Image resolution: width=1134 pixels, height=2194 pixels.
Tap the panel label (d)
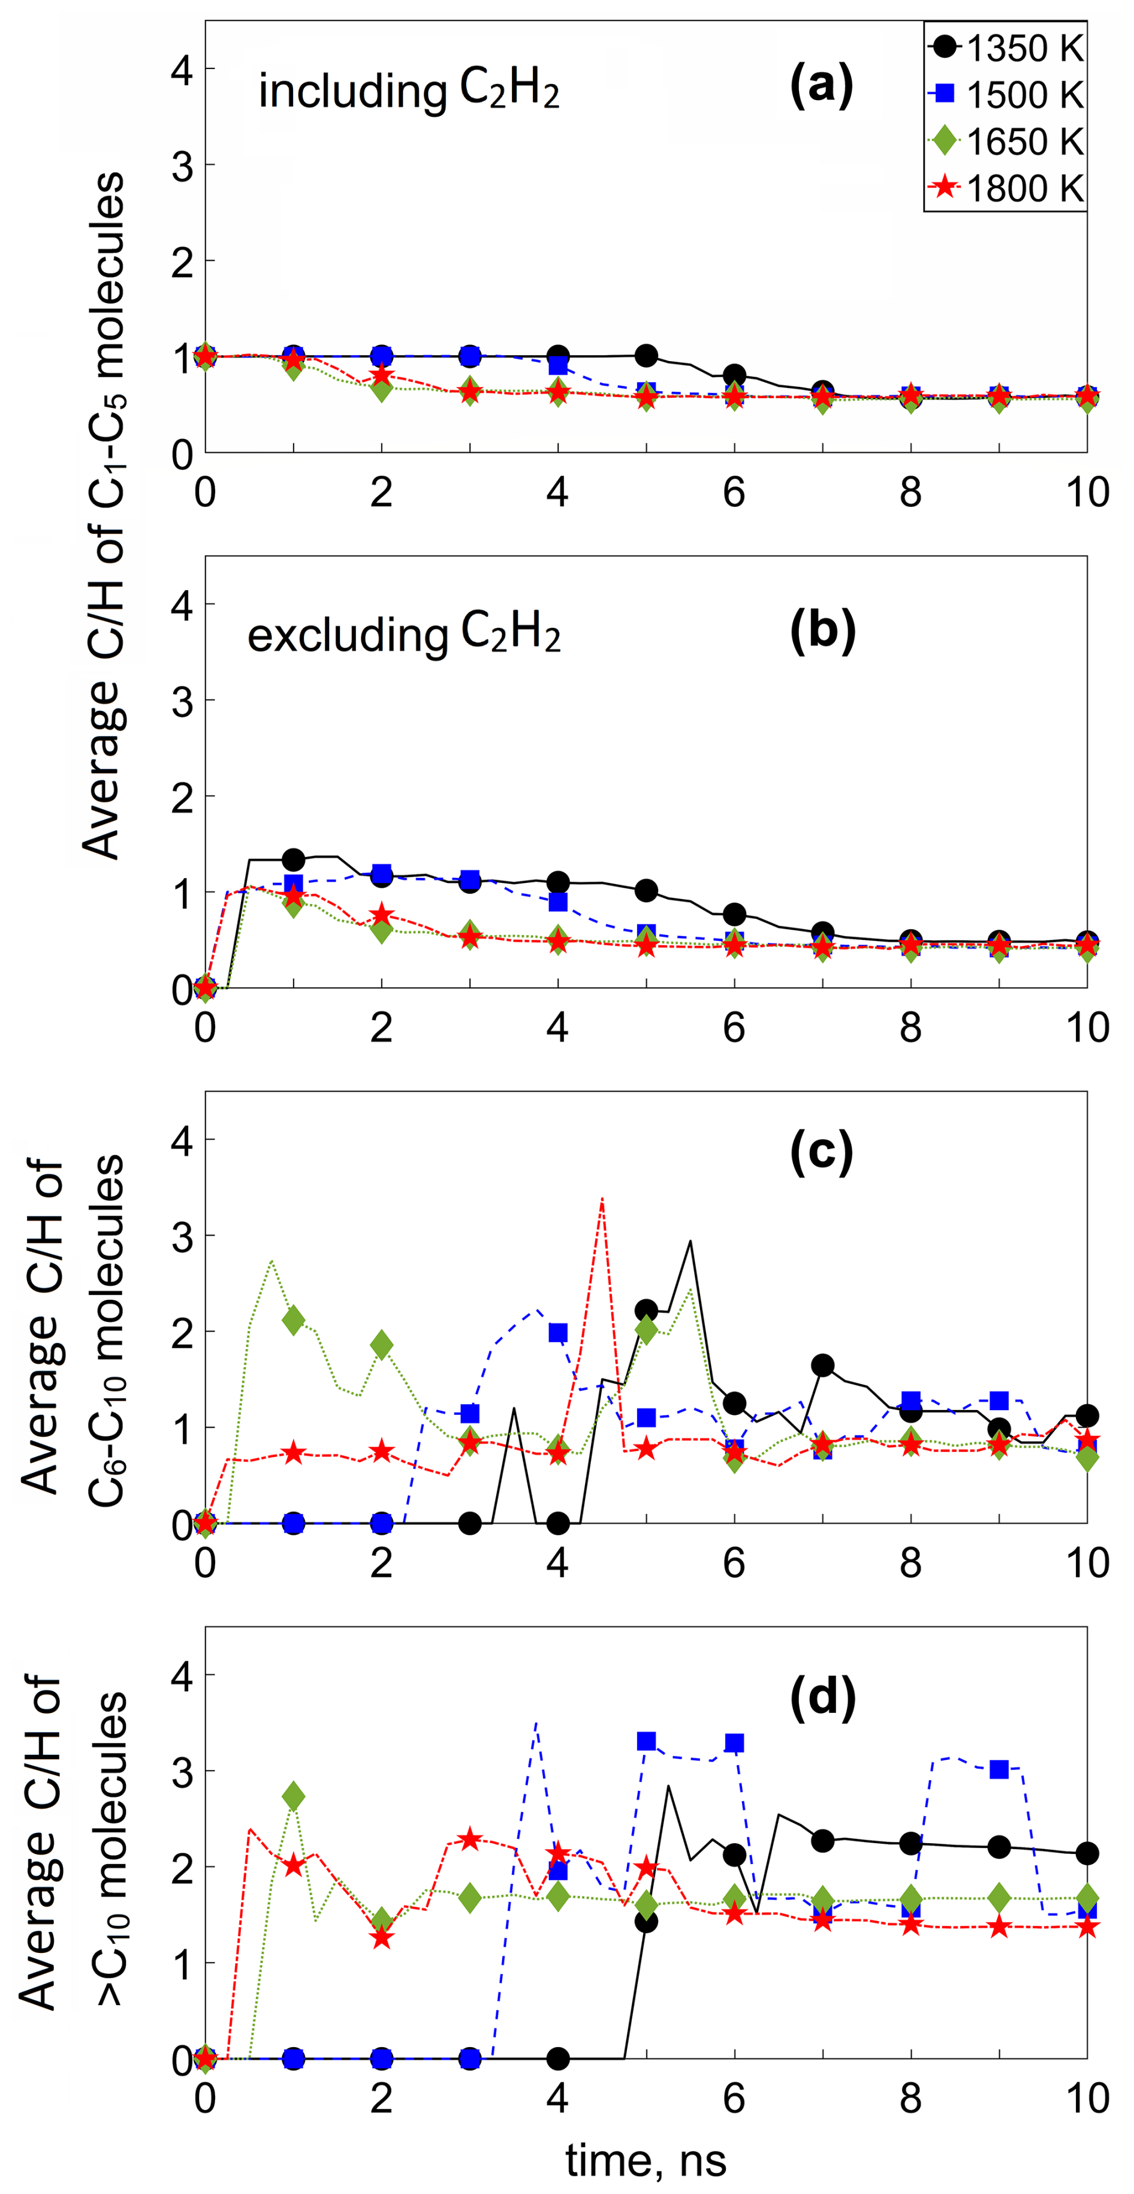pyautogui.click(x=822, y=1699)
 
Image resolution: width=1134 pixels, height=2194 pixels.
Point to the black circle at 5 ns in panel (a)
pyautogui.click(x=646, y=355)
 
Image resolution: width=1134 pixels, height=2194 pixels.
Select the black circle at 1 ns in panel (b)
pyautogui.click(x=294, y=859)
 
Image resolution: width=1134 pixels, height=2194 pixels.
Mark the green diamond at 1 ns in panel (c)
pyautogui.click(x=294, y=1321)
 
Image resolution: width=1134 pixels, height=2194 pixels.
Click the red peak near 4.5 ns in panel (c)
pyautogui.click(x=602, y=1199)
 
